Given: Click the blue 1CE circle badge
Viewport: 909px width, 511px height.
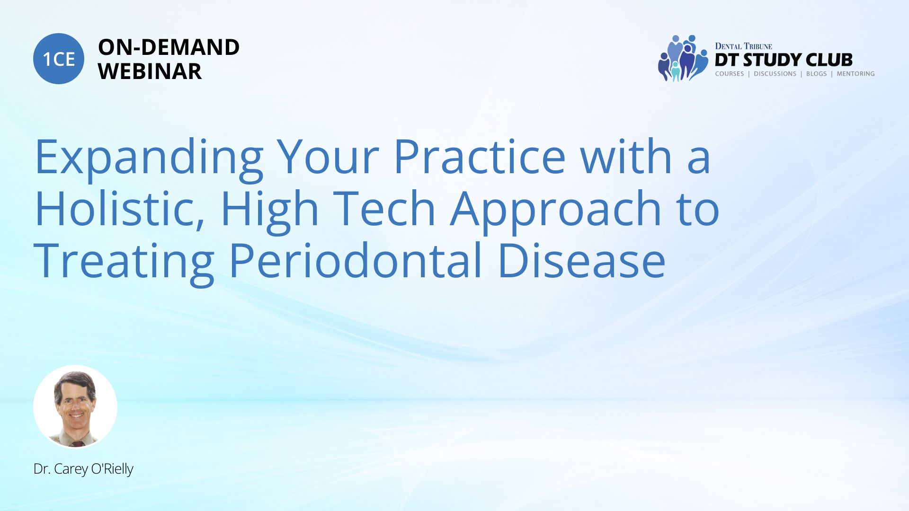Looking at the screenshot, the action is [x=59, y=59].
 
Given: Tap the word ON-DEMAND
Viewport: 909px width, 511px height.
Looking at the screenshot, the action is [x=169, y=47].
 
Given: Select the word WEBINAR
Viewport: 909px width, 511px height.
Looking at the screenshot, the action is [x=150, y=71].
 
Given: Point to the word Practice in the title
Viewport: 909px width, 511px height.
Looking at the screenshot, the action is [x=479, y=156].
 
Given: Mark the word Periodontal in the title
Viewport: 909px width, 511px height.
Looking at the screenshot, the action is [x=356, y=260].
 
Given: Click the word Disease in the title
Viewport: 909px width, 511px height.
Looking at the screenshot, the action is [x=582, y=260].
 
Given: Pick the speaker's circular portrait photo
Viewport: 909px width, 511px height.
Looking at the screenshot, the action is [x=75, y=407].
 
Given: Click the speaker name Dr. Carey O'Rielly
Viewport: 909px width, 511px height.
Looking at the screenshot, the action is [x=83, y=469].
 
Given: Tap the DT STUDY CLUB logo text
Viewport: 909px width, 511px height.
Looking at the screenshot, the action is [x=784, y=60].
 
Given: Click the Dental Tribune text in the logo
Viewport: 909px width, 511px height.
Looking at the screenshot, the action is [x=743, y=46].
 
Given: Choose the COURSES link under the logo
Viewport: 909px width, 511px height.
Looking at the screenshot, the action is [x=729, y=74].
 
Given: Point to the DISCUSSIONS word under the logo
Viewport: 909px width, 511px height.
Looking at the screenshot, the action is [x=775, y=74].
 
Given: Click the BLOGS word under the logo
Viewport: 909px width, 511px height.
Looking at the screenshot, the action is [x=816, y=74].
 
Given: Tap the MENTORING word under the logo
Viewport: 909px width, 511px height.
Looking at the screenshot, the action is [x=856, y=74].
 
